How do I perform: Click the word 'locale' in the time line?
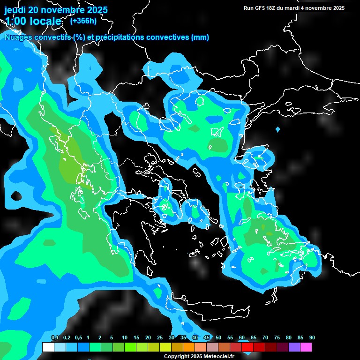[x=44, y=22]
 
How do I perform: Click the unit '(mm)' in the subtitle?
[x=200, y=37]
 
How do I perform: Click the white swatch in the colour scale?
[x=48, y=347]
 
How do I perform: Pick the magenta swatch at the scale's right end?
[x=306, y=347]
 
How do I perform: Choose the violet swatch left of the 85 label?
[x=294, y=347]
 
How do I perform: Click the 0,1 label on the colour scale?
[x=54, y=338]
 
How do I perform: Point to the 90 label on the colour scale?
[x=312, y=338]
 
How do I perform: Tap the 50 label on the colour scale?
[x=218, y=338]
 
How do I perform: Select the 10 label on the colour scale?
[x=125, y=338]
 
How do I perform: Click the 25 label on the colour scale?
[x=160, y=338]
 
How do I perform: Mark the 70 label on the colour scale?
[x=265, y=338]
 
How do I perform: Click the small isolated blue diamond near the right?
[x=278, y=129]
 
